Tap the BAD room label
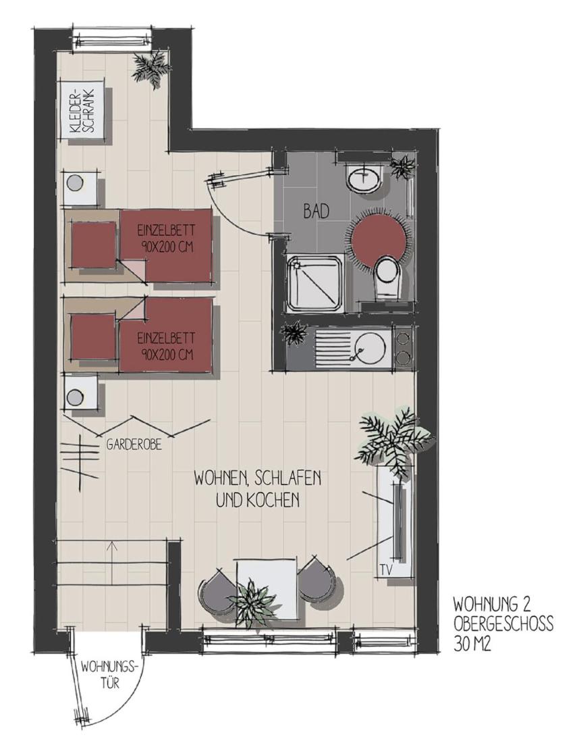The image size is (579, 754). (x=316, y=211)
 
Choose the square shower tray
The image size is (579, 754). (x=314, y=282)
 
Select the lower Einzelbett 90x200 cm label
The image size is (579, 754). (x=165, y=346)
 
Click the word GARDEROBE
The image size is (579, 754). (x=134, y=445)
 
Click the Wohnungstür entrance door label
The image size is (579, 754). (x=109, y=674)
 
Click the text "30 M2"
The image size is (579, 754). (x=472, y=644)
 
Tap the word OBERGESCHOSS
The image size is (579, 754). (x=503, y=624)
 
